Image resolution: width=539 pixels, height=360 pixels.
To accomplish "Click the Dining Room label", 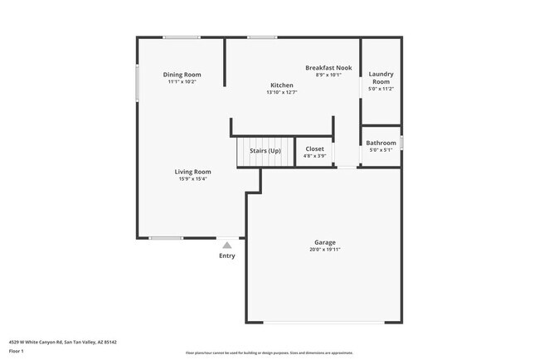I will tap(182, 75).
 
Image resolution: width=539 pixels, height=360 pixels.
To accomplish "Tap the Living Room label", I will tap(192, 172).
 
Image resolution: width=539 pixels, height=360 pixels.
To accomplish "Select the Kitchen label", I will tap(282, 85).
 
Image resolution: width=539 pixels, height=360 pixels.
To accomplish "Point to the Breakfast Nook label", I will tap(328, 67).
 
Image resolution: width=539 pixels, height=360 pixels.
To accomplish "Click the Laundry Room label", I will tap(381, 77).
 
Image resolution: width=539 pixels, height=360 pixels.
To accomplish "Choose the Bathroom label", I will tap(381, 143).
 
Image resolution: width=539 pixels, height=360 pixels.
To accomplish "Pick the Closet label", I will tap(314, 150).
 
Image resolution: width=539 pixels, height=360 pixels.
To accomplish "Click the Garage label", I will tap(324, 242).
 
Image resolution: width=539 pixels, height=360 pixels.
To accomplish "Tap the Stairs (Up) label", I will tap(265, 150).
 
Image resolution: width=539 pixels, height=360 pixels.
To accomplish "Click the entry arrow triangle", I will tap(227, 245).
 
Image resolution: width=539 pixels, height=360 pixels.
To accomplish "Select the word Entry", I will tap(227, 255).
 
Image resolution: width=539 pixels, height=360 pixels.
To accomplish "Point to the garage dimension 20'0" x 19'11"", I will tap(324, 250).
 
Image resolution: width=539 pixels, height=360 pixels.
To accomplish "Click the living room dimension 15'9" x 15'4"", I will tap(192, 179).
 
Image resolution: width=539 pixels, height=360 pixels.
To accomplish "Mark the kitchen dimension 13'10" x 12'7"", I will tap(282, 92).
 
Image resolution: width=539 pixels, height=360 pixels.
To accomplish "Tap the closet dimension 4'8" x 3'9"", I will tap(314, 157).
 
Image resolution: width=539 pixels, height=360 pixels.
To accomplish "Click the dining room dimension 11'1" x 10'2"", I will tap(182, 82).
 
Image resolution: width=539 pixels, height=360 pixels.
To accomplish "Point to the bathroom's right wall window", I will tap(401, 143).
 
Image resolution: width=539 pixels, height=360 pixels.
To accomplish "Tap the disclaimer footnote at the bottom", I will tap(269, 352).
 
